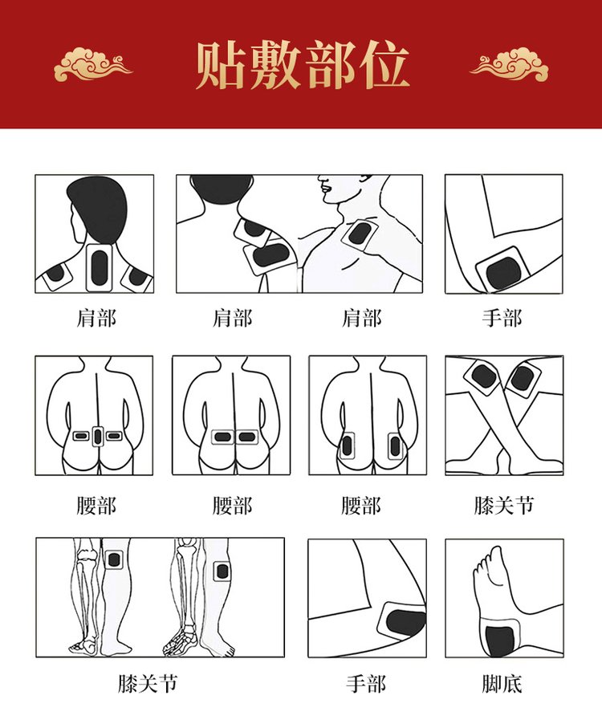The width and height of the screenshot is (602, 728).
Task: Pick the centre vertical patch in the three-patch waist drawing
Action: tap(98, 436)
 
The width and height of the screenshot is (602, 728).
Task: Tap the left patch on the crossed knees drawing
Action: tap(483, 376)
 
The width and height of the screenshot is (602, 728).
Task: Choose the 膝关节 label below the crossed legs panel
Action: tap(503, 506)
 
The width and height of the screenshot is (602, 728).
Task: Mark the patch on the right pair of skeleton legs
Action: tap(222, 571)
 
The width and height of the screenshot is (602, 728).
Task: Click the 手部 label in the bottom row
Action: tap(366, 684)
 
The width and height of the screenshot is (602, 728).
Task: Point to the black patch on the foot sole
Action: tap(499, 641)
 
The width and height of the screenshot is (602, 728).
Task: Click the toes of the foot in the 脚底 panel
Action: tap(484, 563)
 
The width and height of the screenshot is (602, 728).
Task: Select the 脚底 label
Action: tap(502, 684)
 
